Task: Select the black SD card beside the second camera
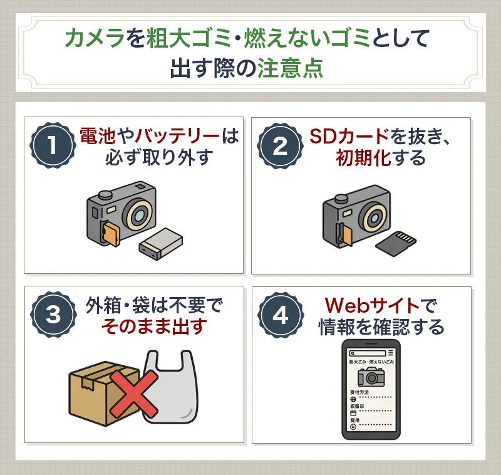click(x=399, y=243)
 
